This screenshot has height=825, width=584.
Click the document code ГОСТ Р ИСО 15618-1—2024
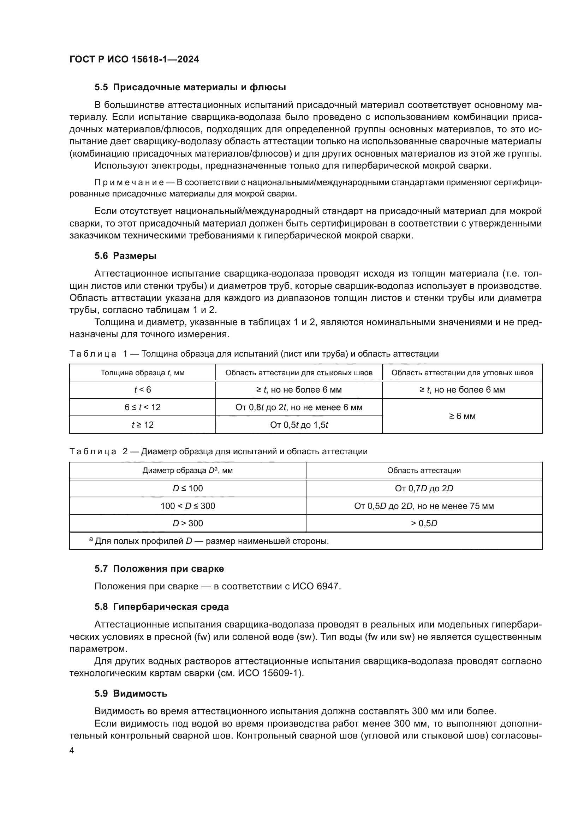tap(134, 59)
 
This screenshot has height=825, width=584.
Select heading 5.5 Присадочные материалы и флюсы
tap(190, 87)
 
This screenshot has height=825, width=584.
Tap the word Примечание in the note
tap(129, 183)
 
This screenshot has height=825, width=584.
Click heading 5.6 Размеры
tap(125, 256)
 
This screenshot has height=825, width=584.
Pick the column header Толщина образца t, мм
tap(142, 372)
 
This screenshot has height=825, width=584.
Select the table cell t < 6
tap(142, 390)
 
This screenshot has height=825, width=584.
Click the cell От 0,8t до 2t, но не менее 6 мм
tap(298, 407)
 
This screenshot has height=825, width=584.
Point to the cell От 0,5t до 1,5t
tap(298, 425)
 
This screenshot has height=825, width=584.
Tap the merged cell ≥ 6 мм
tap(462, 416)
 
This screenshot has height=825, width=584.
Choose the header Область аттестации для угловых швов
tap(462, 372)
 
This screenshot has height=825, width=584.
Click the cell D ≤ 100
tap(187, 488)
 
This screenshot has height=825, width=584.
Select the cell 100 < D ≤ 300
tap(187, 506)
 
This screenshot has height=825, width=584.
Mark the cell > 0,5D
tap(424, 523)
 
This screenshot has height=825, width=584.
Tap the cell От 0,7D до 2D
tap(424, 488)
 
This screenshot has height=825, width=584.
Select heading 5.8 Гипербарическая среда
tap(161, 607)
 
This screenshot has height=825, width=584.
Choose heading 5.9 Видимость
tap(131, 693)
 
